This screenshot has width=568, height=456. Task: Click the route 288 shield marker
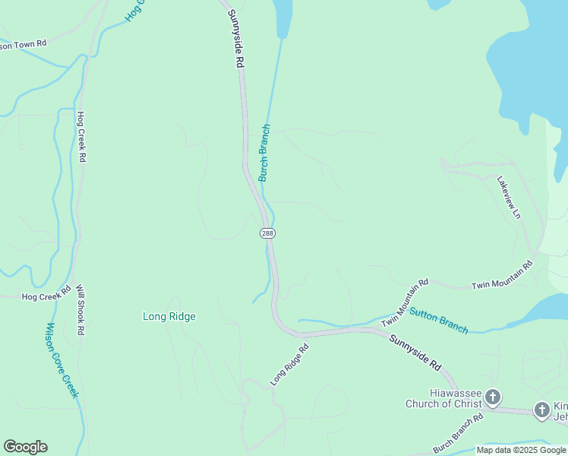pos(267,233)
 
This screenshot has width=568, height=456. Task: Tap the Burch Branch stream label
pos(264,153)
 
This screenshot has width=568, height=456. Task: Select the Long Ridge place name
pos(169,316)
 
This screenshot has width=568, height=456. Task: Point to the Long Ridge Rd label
pos(291,364)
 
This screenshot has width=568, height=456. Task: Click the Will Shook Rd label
pos(80,310)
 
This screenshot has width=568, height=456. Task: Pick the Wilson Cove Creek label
pos(62,359)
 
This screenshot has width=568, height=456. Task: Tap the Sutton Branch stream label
pos(439,319)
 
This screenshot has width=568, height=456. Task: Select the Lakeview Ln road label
pos(509,198)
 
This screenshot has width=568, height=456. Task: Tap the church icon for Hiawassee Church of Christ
pos(493,397)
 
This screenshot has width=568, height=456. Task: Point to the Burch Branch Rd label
pos(459,434)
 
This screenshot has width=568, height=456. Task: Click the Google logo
pos(25,447)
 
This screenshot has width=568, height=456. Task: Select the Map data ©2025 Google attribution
pos(522,450)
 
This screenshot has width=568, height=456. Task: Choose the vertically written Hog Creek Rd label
pos(81,137)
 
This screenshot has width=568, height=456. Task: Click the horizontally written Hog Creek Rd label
pos(46,296)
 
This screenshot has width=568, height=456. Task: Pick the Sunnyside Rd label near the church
pos(415,353)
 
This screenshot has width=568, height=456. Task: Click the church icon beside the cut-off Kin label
pos(541,410)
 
